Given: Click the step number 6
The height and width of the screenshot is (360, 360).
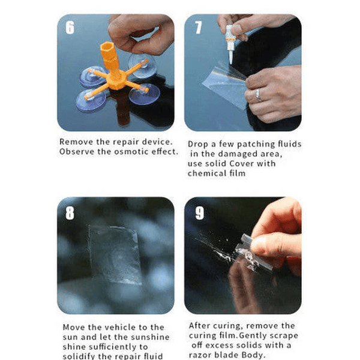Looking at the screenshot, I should [70, 28].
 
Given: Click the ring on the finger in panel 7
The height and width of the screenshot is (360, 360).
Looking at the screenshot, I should [259, 94].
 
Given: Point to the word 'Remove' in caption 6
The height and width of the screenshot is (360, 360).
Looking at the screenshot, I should [76, 142].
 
